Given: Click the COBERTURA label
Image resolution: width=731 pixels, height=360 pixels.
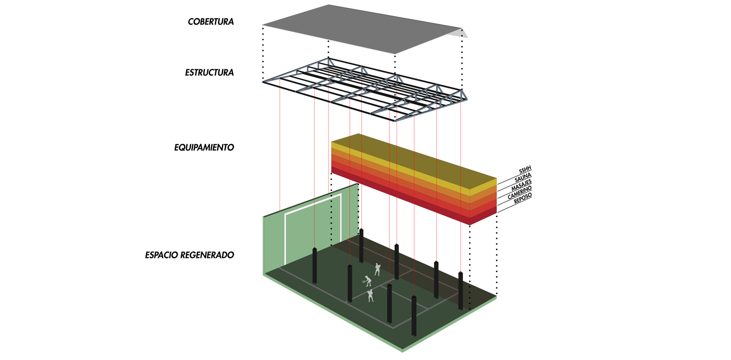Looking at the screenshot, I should point(211,22).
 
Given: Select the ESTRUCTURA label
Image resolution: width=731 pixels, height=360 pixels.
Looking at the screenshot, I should point(209,73).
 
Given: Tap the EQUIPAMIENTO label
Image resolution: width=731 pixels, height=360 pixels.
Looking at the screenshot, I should point(204,148).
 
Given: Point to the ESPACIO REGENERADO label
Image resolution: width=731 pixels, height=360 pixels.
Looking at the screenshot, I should point(189,255).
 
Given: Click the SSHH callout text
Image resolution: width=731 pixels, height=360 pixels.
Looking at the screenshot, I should point(525,171).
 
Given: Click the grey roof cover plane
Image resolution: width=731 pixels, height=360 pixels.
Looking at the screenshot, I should point(360,28).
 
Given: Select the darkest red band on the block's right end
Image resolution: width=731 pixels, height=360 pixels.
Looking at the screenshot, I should point(483,218).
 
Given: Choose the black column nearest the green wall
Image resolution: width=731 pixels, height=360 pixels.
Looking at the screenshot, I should point(315,265).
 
